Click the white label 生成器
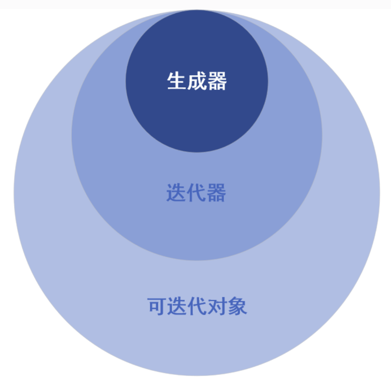[197, 81]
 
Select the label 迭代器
[196, 193]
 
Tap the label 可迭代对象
[197, 306]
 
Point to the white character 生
[177, 81]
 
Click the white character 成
[197, 81]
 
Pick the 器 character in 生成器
[217, 81]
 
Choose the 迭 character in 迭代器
[176, 193]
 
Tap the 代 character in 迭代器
[196, 193]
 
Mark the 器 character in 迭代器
[216, 193]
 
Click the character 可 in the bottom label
[157, 306]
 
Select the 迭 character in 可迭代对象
[177, 306]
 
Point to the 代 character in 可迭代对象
[197, 306]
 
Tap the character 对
[217, 306]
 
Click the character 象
[237, 306]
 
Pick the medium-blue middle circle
[197, 227]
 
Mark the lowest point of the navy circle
[197, 152]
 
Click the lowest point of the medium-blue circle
[197, 260]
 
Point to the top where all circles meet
[197, 11]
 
